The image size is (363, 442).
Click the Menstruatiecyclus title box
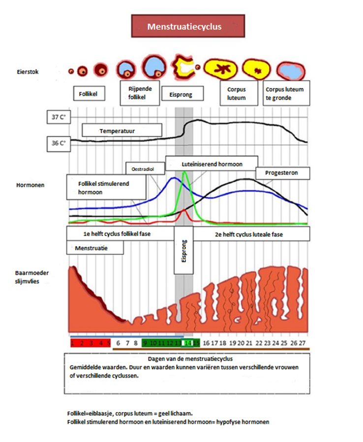[184, 26]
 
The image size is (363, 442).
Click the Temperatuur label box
[122, 131]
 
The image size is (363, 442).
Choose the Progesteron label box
[283, 173]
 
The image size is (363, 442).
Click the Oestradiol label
[140, 169]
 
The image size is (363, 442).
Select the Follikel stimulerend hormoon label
[106, 187]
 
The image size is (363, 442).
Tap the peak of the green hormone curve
[184, 173]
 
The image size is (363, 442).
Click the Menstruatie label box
[94, 248]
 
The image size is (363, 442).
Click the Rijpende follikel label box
[140, 93]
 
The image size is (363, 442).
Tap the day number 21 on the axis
[249, 342]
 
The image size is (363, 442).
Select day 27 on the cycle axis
[302, 342]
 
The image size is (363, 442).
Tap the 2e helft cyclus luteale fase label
[249, 235]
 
